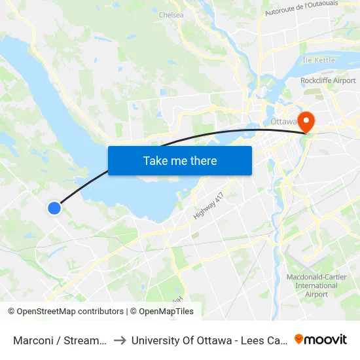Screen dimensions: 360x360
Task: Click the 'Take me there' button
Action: coord(180,160)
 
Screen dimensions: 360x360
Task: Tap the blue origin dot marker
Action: coord(54,208)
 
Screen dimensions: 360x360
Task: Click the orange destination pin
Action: coord(306,120)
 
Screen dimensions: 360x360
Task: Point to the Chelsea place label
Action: coord(171,14)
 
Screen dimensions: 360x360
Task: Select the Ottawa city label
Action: coord(283,122)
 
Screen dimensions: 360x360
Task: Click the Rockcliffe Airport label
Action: coord(328,81)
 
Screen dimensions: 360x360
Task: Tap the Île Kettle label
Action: coord(318,60)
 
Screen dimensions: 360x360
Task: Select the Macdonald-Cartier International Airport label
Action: coord(312,285)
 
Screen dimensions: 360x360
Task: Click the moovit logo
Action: coord(321,339)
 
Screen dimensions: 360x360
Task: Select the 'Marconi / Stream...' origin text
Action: coord(60,340)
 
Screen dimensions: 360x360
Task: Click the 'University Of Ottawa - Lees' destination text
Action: coord(207,340)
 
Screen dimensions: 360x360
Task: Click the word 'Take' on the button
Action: coord(154,160)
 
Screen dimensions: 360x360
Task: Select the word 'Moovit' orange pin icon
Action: coord(299,339)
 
